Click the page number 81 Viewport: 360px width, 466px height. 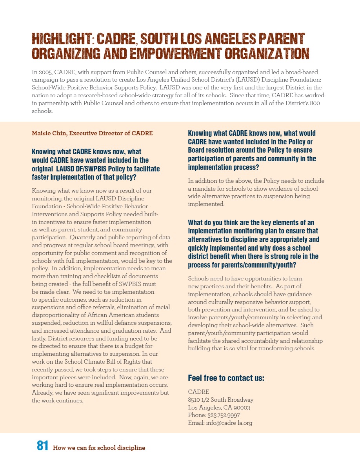[42, 446]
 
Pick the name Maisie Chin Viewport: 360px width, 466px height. [48, 133]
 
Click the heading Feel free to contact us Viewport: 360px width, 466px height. [226, 378]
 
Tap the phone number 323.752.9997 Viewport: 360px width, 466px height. [223, 415]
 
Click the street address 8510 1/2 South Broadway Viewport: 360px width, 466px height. [221, 400]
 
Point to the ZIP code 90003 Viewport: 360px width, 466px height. [242, 408]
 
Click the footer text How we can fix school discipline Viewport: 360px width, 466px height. [99, 448]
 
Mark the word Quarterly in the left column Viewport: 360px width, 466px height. [83, 237]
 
